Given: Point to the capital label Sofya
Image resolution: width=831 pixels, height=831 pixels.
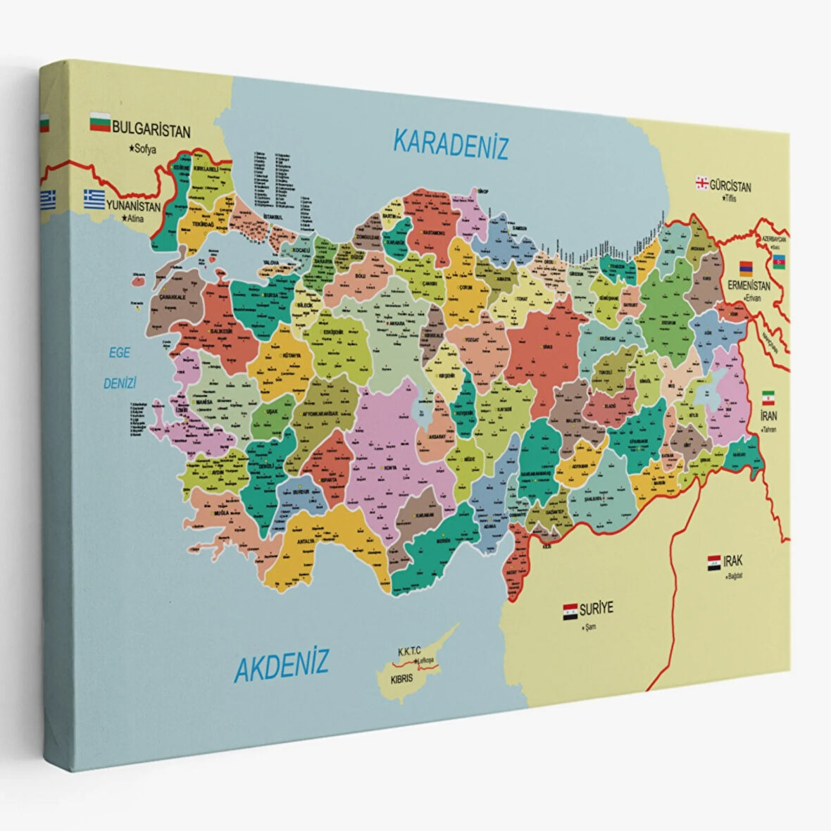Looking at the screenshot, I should coord(142,149).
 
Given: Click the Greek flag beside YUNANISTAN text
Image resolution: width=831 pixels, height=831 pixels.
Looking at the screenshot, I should coord(94,198).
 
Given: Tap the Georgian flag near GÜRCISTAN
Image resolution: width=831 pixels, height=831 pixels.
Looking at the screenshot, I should coord(701,183).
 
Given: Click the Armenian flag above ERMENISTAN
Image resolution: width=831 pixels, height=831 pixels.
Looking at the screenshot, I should coord(746,269).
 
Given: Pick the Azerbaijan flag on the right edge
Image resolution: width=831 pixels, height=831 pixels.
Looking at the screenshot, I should coord(780,262).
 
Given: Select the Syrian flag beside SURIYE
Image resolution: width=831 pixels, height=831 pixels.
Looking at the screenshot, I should coord(570,611).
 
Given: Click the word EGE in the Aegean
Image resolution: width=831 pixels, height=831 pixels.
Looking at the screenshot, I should coord(118,353).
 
